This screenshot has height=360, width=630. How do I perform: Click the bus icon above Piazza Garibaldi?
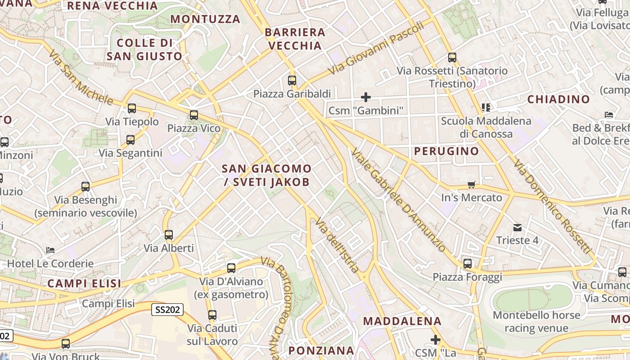point(292,81)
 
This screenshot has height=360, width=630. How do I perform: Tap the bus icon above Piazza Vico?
point(194,115)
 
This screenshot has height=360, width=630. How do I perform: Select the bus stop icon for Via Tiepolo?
point(132,108)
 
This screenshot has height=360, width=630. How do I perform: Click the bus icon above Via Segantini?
point(130,140)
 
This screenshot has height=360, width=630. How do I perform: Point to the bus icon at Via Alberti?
point(169,235)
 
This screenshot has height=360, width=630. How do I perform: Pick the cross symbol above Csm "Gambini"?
point(366,97)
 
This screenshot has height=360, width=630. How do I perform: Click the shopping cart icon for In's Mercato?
point(471,184)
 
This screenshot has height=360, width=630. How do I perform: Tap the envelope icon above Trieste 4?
point(517,228)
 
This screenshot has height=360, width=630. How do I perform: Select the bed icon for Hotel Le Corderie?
point(50,250)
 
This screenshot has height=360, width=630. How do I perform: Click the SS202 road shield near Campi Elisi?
point(167,310)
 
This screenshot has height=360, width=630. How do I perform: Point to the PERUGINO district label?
point(446,151)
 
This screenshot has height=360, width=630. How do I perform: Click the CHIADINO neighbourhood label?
point(558,99)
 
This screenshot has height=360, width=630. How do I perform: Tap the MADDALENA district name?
point(402,321)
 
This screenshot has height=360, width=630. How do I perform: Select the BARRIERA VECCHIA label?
point(295,39)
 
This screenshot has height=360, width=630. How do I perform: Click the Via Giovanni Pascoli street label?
point(376,48)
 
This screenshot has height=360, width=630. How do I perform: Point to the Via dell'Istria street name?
point(337,245)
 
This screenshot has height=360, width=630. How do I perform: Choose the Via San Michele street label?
point(81,77)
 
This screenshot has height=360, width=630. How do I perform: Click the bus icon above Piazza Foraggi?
point(468,264)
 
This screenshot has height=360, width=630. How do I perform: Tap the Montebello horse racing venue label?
point(536,321)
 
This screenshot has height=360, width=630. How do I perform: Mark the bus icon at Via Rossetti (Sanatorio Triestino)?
point(452,58)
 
